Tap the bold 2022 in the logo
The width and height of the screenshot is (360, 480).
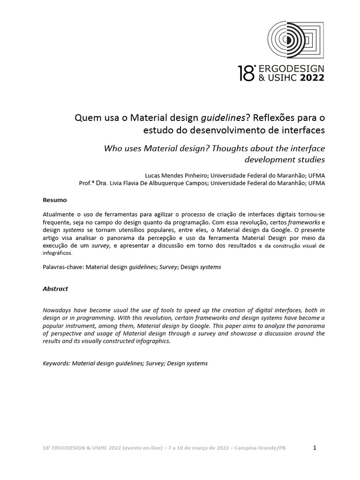(x=308, y=78)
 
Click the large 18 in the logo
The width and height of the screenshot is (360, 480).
(x=246, y=74)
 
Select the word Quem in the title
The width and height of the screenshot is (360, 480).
(x=86, y=117)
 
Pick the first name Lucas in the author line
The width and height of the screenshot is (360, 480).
(x=155, y=175)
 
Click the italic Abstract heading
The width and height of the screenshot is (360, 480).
(x=55, y=289)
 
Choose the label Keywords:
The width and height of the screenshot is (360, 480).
(x=56, y=363)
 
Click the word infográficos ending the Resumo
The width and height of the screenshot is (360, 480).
(x=57, y=253)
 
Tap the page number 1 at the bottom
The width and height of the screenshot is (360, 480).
(x=315, y=448)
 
